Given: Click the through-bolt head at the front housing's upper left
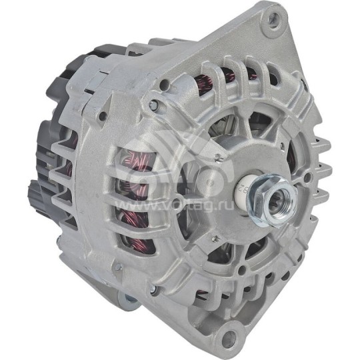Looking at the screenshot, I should coord(154,103).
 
